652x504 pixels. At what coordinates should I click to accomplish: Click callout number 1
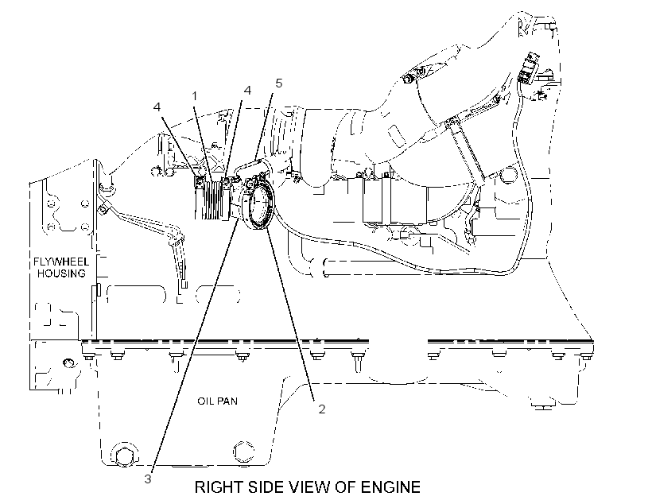(194, 96)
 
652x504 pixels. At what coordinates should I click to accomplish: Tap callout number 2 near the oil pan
(321, 409)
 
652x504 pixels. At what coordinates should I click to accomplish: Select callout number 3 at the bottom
(148, 479)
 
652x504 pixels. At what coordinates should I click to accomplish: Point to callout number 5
(278, 83)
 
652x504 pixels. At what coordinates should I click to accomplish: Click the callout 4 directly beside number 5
(247, 90)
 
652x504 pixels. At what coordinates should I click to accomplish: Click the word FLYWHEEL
(61, 262)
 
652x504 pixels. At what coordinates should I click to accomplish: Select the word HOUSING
(61, 273)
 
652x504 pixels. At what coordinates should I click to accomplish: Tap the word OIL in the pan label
(204, 401)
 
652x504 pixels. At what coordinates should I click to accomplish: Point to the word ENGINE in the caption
(390, 487)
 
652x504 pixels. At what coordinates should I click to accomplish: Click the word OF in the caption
(346, 487)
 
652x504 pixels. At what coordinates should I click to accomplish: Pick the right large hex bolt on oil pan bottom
(243, 452)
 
